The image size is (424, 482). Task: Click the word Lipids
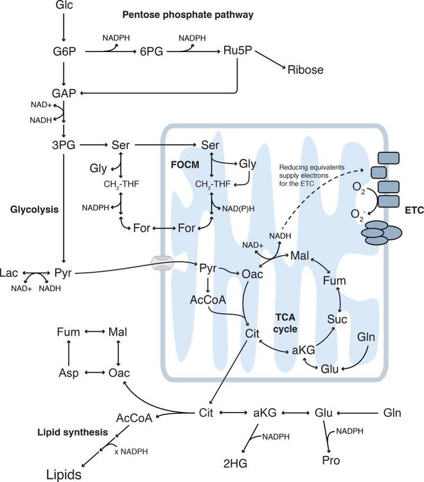coord(63,475)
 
